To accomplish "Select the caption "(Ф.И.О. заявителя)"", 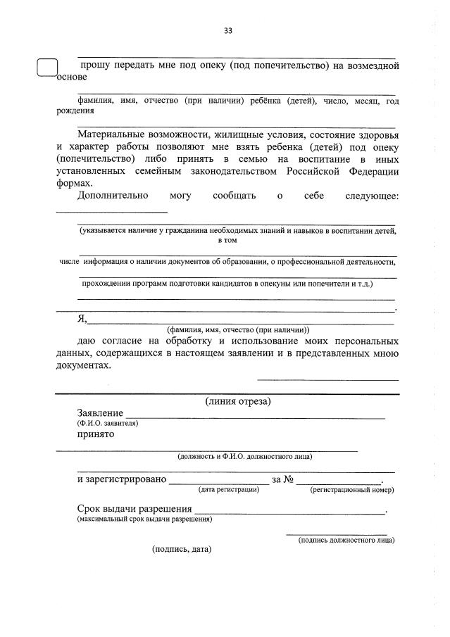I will coord(108,424).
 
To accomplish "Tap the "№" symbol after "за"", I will coord(287,480).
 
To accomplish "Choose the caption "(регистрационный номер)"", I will coord(351,489).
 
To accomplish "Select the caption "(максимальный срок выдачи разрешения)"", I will coord(145,519).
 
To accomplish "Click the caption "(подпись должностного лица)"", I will coord(346,540).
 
